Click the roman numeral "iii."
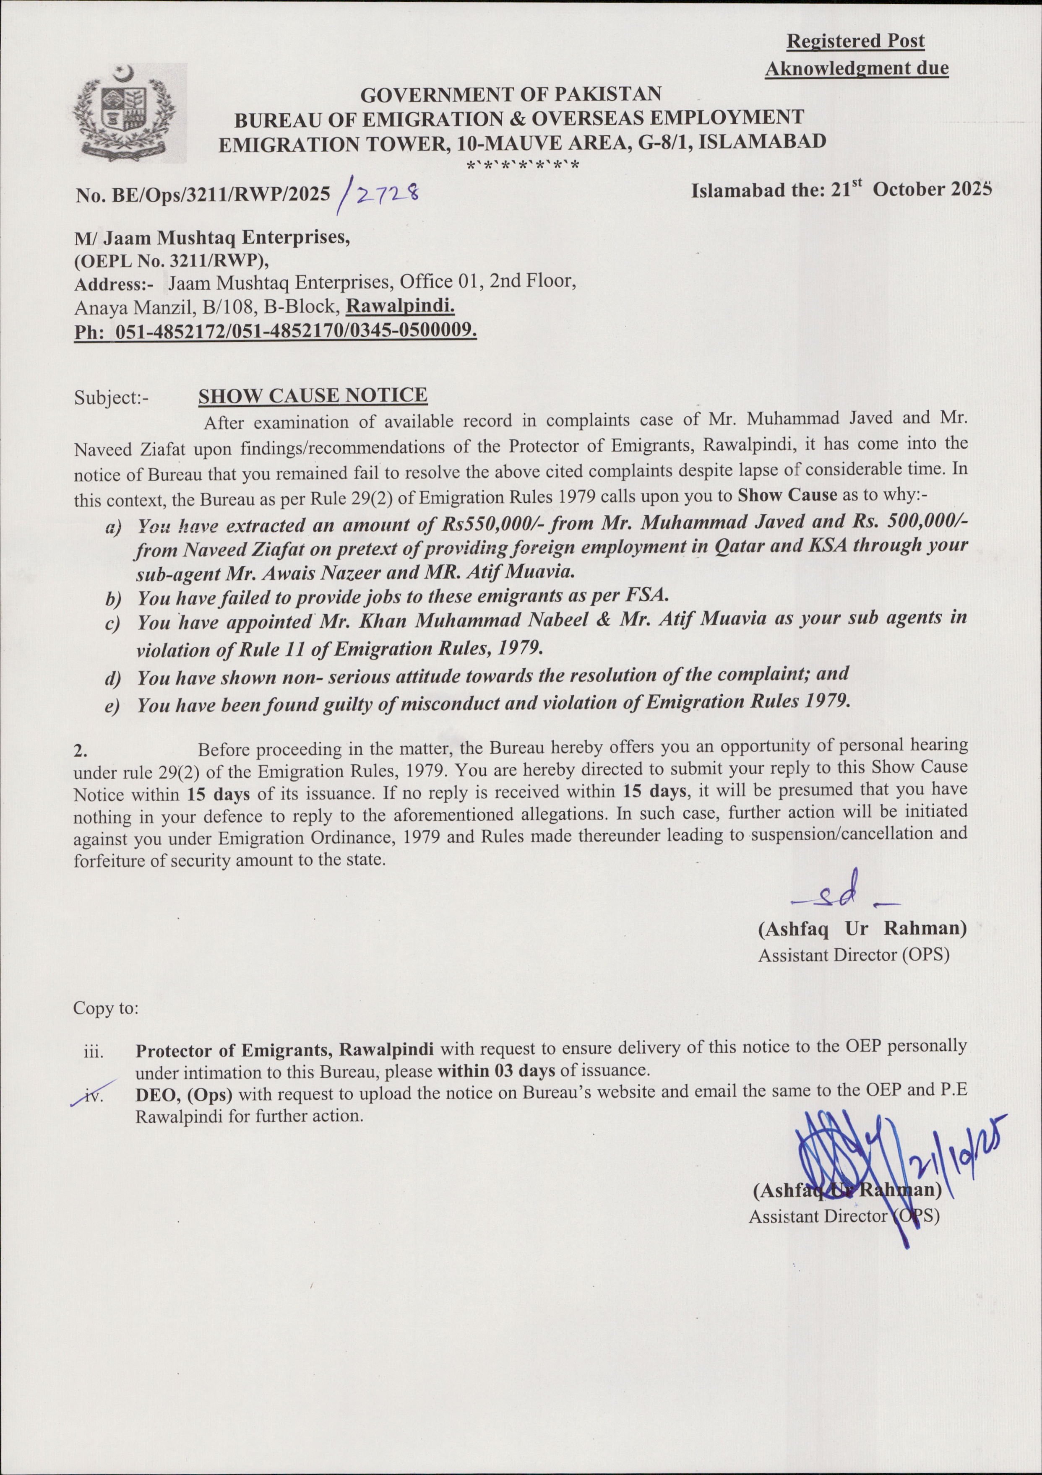[94, 1052]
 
